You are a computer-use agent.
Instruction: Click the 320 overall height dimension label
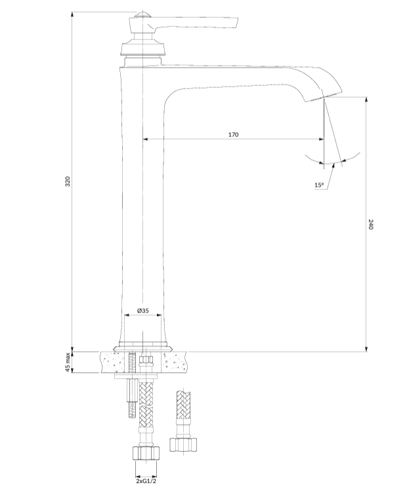(x=68, y=182)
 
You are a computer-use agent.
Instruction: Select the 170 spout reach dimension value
(x=233, y=134)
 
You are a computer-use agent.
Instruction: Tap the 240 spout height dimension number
(x=370, y=224)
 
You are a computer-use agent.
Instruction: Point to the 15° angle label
(x=319, y=185)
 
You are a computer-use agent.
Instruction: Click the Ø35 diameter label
(x=142, y=310)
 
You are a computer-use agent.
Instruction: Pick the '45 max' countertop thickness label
(x=68, y=362)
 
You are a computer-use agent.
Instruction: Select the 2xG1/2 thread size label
(x=146, y=481)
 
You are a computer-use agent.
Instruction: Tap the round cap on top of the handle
(x=142, y=14)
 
